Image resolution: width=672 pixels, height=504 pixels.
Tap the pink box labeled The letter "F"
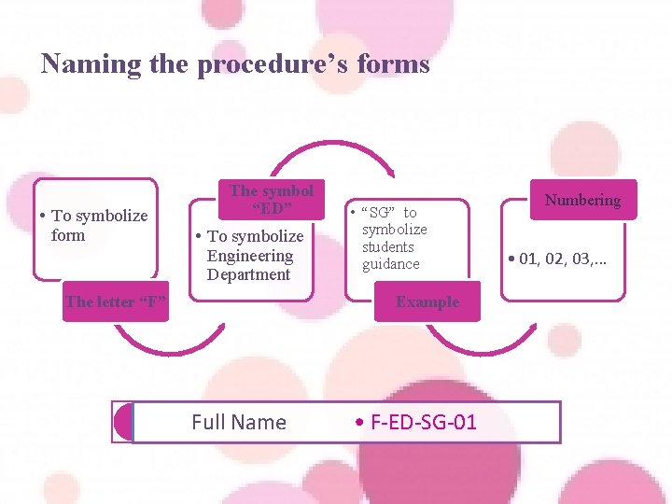(x=116, y=301)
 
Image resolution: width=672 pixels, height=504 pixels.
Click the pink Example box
(x=427, y=301)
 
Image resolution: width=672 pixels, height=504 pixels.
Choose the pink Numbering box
(x=582, y=200)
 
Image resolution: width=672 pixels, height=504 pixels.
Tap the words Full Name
(x=238, y=422)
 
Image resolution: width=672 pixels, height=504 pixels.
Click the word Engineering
(x=250, y=256)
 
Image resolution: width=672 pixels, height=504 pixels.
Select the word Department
(x=248, y=274)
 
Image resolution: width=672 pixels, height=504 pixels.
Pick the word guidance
(x=391, y=264)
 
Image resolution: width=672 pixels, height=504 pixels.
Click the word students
(x=388, y=246)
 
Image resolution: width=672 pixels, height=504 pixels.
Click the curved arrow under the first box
(x=181, y=344)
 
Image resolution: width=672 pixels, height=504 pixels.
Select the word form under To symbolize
(x=67, y=234)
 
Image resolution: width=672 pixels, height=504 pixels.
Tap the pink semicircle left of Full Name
(x=123, y=422)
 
